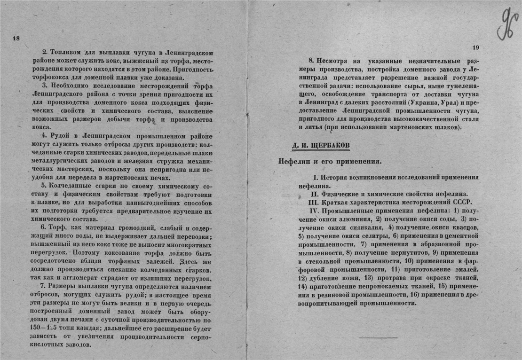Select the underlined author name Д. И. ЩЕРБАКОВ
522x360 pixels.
pyautogui.click(x=321, y=145)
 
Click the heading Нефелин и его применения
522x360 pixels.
pyautogui.click(x=330, y=161)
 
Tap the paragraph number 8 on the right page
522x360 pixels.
pyautogui.click(x=311, y=60)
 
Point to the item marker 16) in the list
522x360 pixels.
pyautogui.click(x=414, y=295)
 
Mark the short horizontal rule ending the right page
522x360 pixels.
pyautogui.click(x=379, y=337)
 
